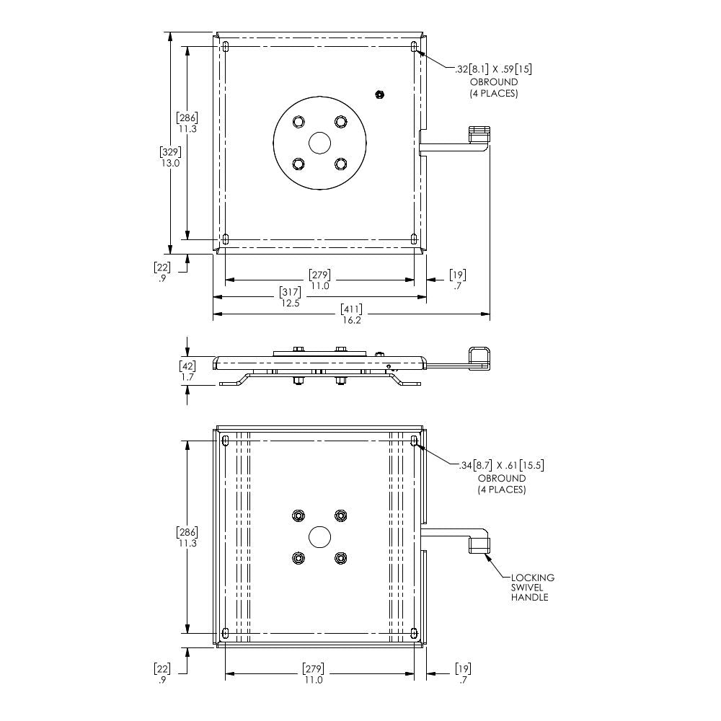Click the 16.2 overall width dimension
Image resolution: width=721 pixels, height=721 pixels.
pos(352,314)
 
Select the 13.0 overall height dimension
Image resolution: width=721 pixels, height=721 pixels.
pos(170,157)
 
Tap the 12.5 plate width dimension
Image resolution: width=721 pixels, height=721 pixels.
pos(291,298)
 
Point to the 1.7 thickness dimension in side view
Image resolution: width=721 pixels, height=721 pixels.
pos(187,371)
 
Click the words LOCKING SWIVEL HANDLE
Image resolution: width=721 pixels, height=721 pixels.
pos(533,587)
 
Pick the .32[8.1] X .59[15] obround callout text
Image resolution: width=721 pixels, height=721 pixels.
pos(494,81)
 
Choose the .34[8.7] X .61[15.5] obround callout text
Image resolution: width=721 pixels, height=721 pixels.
pos(502,477)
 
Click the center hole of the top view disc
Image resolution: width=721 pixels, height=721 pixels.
pos(319,143)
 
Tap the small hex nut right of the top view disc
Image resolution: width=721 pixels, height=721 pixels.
pos(379,94)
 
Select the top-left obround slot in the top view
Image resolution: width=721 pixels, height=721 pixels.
pos(226,47)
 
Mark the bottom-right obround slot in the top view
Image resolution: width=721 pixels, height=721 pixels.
pos(414,239)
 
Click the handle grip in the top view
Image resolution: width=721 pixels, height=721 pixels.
pos(479,134)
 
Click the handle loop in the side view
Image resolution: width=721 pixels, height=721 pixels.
pos(479,358)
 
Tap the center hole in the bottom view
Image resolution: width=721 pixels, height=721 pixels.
pos(319,536)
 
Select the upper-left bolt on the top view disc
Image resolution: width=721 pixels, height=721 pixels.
pos(298,122)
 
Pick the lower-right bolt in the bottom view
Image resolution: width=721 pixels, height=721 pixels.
pos(340,558)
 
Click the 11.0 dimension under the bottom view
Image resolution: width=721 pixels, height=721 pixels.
pos(313,674)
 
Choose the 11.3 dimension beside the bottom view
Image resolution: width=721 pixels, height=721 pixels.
pos(187,538)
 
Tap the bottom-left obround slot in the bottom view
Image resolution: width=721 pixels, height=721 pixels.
pos(226,633)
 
